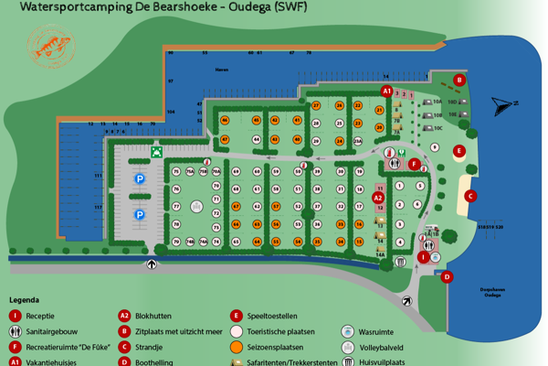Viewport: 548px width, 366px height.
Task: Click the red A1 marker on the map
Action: (386, 91)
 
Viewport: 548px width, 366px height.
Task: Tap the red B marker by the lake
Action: (460, 80)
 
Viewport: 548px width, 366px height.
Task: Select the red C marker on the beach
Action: (470, 195)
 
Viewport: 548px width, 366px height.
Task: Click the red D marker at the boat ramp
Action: (447, 276)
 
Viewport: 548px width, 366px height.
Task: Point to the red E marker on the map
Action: (459, 151)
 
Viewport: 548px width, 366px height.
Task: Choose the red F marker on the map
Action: (414, 164)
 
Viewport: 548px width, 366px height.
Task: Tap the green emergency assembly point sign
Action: (157, 151)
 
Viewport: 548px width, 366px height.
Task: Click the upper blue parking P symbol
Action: (140, 179)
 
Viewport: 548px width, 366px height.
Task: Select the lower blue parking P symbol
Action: (140, 215)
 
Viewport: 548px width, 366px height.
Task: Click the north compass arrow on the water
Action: (501, 105)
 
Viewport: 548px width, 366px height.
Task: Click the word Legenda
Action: (25, 300)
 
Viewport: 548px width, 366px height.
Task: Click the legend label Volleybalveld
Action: (385, 347)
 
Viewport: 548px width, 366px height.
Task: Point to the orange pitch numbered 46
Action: (225, 120)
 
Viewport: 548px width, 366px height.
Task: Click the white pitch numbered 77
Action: (176, 207)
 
